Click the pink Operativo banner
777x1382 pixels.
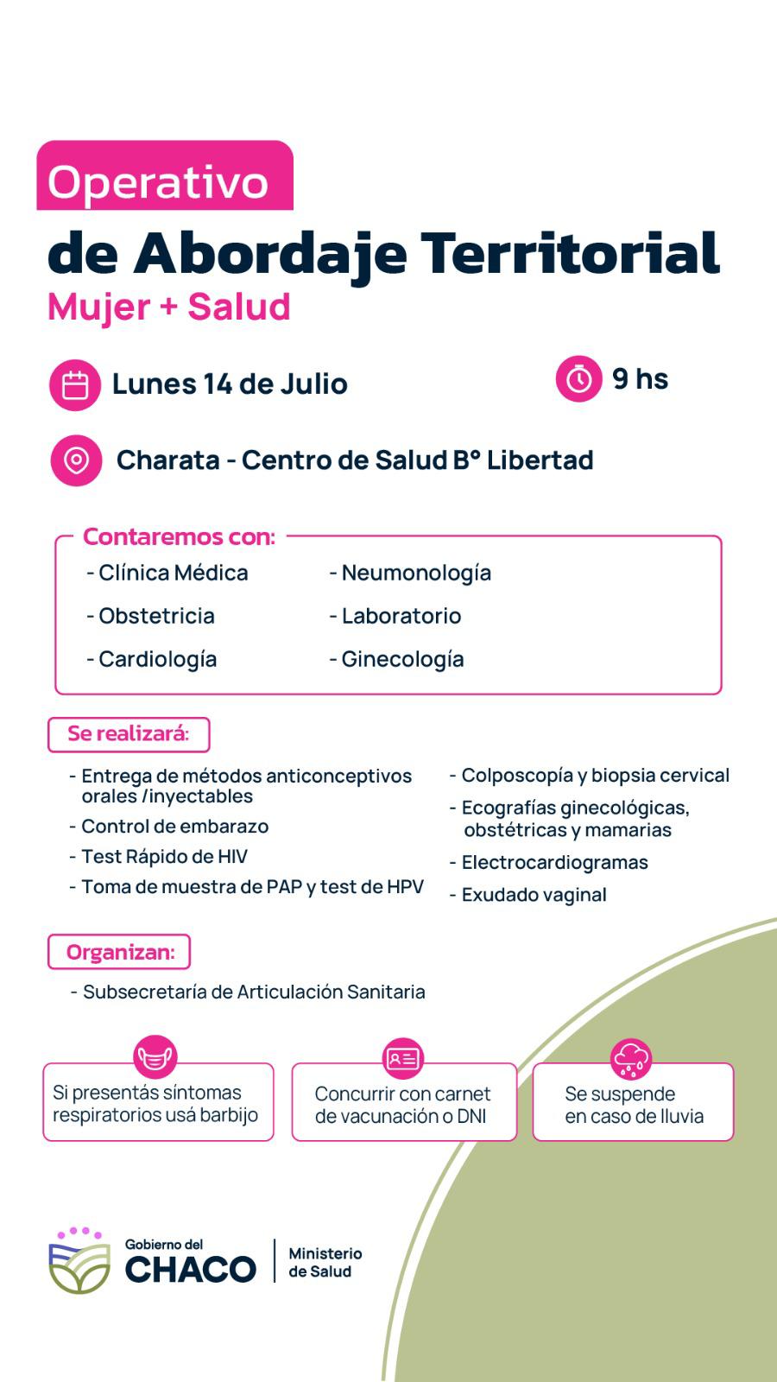[164, 177]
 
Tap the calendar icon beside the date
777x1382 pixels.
[76, 384]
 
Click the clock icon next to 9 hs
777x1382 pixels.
[578, 379]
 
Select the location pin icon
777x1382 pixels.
[76, 460]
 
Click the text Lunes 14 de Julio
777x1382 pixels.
[230, 384]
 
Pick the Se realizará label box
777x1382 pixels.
[129, 734]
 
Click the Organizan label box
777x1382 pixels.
[119, 952]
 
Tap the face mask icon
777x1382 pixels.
[155, 1057]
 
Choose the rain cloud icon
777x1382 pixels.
[631, 1058]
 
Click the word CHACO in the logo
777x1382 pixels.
[191, 1269]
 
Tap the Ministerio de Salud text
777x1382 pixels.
[325, 1262]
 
